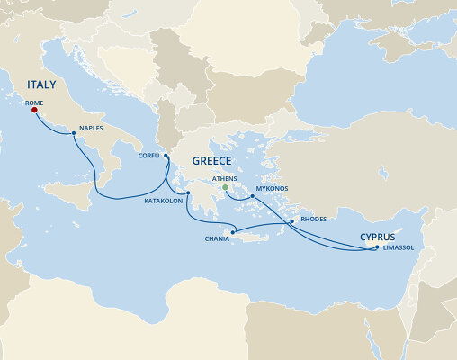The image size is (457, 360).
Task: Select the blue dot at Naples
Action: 73,133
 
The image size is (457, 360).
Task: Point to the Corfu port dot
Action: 166,156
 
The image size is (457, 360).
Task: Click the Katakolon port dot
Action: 188,193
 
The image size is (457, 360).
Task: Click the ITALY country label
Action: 35,85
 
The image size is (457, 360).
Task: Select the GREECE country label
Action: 211,161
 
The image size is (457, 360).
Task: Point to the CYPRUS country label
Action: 377,237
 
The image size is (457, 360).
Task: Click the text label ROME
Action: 35,103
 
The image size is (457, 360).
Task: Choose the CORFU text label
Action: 148,155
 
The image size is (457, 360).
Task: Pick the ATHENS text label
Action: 224,179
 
